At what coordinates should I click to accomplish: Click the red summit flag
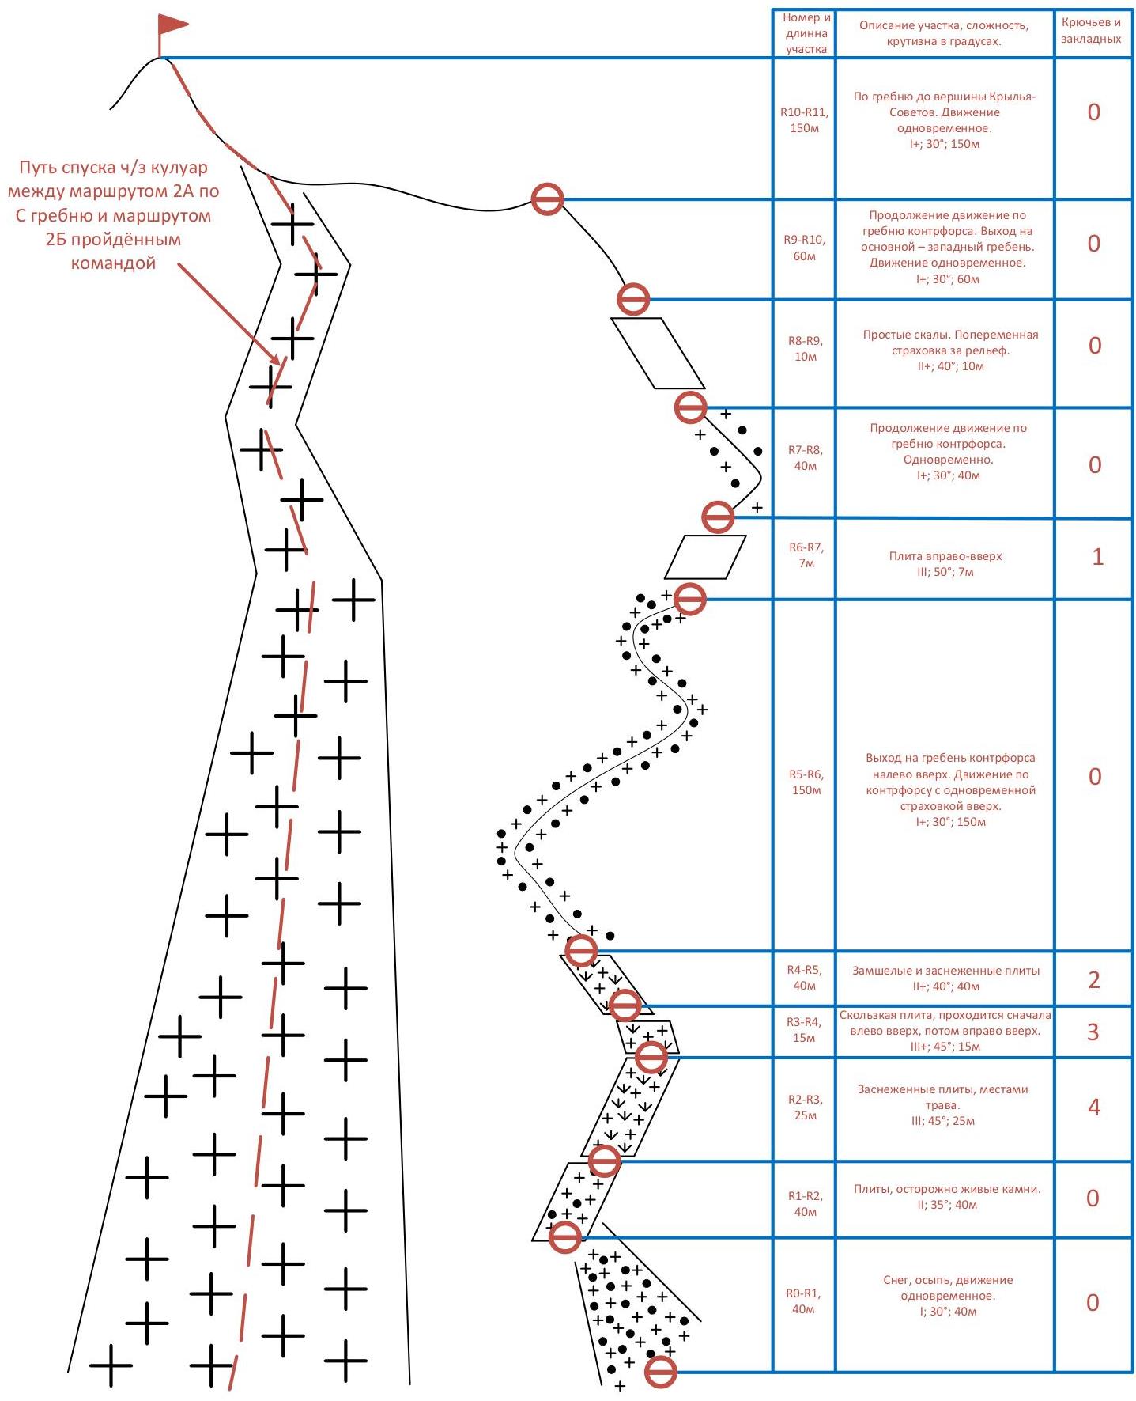(172, 25)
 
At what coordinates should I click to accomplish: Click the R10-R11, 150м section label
(804, 120)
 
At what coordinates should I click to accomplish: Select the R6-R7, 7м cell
(806, 555)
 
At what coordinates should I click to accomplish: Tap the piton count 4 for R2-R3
(1093, 1108)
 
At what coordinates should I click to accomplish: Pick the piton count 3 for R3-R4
(1093, 1032)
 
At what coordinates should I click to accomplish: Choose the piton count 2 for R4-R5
(1093, 980)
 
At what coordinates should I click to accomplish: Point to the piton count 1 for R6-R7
(1096, 557)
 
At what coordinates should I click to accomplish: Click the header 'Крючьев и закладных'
(1091, 31)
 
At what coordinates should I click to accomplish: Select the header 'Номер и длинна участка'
(806, 33)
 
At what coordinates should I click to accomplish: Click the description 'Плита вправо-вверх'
(945, 556)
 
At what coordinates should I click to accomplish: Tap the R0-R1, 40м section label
(803, 1301)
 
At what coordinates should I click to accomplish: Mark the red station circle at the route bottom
(660, 1372)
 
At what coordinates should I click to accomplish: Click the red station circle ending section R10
(547, 199)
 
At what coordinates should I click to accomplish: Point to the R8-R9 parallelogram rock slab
(658, 353)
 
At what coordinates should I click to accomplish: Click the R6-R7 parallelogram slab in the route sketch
(704, 557)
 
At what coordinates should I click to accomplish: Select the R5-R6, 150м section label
(806, 782)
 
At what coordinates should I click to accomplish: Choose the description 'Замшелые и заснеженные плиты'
(945, 971)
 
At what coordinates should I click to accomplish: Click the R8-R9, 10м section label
(805, 349)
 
